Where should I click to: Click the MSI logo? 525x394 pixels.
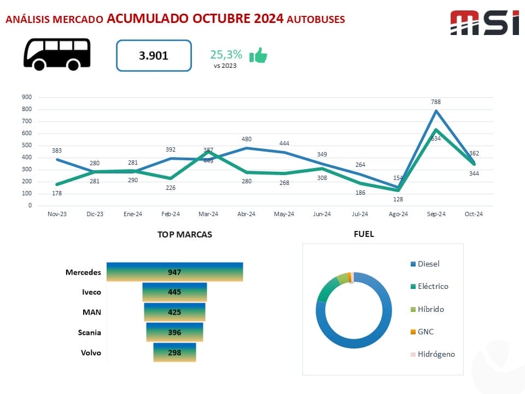[484, 23]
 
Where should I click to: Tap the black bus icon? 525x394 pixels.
[56, 54]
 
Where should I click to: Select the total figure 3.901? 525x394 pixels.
[154, 55]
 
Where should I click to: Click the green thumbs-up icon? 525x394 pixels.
[258, 55]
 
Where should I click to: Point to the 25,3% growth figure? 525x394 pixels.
[226, 54]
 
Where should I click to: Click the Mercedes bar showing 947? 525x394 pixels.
[174, 272]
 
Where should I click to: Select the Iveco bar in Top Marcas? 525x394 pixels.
[174, 292]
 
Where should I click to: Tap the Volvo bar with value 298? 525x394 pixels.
[174, 352]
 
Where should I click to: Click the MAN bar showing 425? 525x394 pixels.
[174, 312]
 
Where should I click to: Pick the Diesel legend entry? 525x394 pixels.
[428, 264]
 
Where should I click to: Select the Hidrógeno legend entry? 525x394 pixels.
[436, 354]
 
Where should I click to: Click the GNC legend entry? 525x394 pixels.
[425, 332]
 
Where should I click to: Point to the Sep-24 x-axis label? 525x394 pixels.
[436, 214]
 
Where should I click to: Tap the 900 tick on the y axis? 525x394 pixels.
[27, 97]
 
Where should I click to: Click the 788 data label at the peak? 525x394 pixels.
[436, 102]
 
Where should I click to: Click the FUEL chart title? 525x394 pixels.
[364, 234]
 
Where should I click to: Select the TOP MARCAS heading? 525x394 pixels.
[185, 234]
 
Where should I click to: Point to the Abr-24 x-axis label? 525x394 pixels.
[246, 214]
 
